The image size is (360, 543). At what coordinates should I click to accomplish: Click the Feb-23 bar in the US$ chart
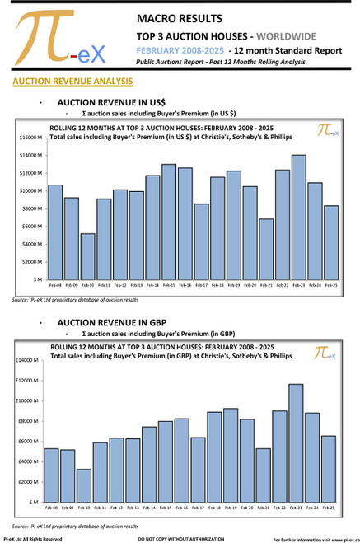pyautogui.click(x=298, y=218)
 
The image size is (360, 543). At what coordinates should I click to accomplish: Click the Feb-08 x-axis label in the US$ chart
pyautogui.click(x=55, y=285)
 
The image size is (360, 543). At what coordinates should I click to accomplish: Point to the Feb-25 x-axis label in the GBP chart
pyautogui.click(x=328, y=507)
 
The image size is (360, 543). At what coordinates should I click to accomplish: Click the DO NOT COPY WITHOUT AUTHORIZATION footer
pyautogui.click(x=180, y=538)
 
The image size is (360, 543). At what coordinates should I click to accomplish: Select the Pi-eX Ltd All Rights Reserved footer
pyautogui.click(x=33, y=538)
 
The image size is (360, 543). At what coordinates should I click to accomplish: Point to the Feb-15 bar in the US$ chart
pyautogui.click(x=168, y=222)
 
